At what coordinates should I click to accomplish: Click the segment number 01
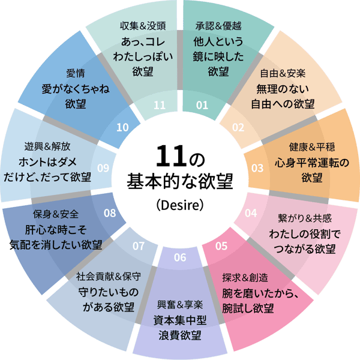coord(202,105)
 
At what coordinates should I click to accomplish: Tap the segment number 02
coord(238,127)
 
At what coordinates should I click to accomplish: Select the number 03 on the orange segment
coord(257,167)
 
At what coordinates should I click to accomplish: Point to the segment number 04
coord(251,212)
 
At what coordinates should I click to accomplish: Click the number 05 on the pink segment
coord(221,245)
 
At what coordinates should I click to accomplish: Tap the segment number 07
coord(139,245)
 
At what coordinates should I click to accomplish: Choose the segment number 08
coord(110,212)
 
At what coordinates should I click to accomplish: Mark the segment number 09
coord(103,168)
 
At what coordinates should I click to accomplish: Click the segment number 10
coord(122,127)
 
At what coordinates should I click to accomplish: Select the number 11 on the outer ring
coord(159,105)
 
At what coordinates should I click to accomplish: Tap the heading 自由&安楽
coord(283,74)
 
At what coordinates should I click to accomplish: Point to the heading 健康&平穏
coord(312,147)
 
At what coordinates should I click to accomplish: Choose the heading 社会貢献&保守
coord(109,277)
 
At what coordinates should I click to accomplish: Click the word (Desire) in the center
coord(180,205)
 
